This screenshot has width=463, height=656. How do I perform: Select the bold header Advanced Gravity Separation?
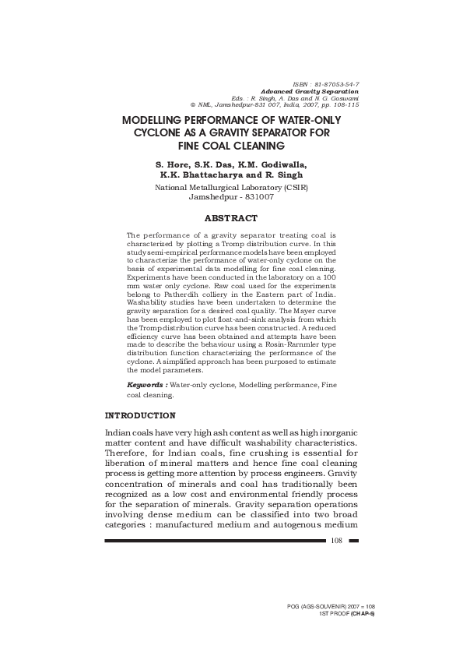314,90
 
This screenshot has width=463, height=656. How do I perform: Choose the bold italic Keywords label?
146,386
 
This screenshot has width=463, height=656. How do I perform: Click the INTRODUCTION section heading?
140,415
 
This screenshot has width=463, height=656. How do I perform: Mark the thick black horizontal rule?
215,540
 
